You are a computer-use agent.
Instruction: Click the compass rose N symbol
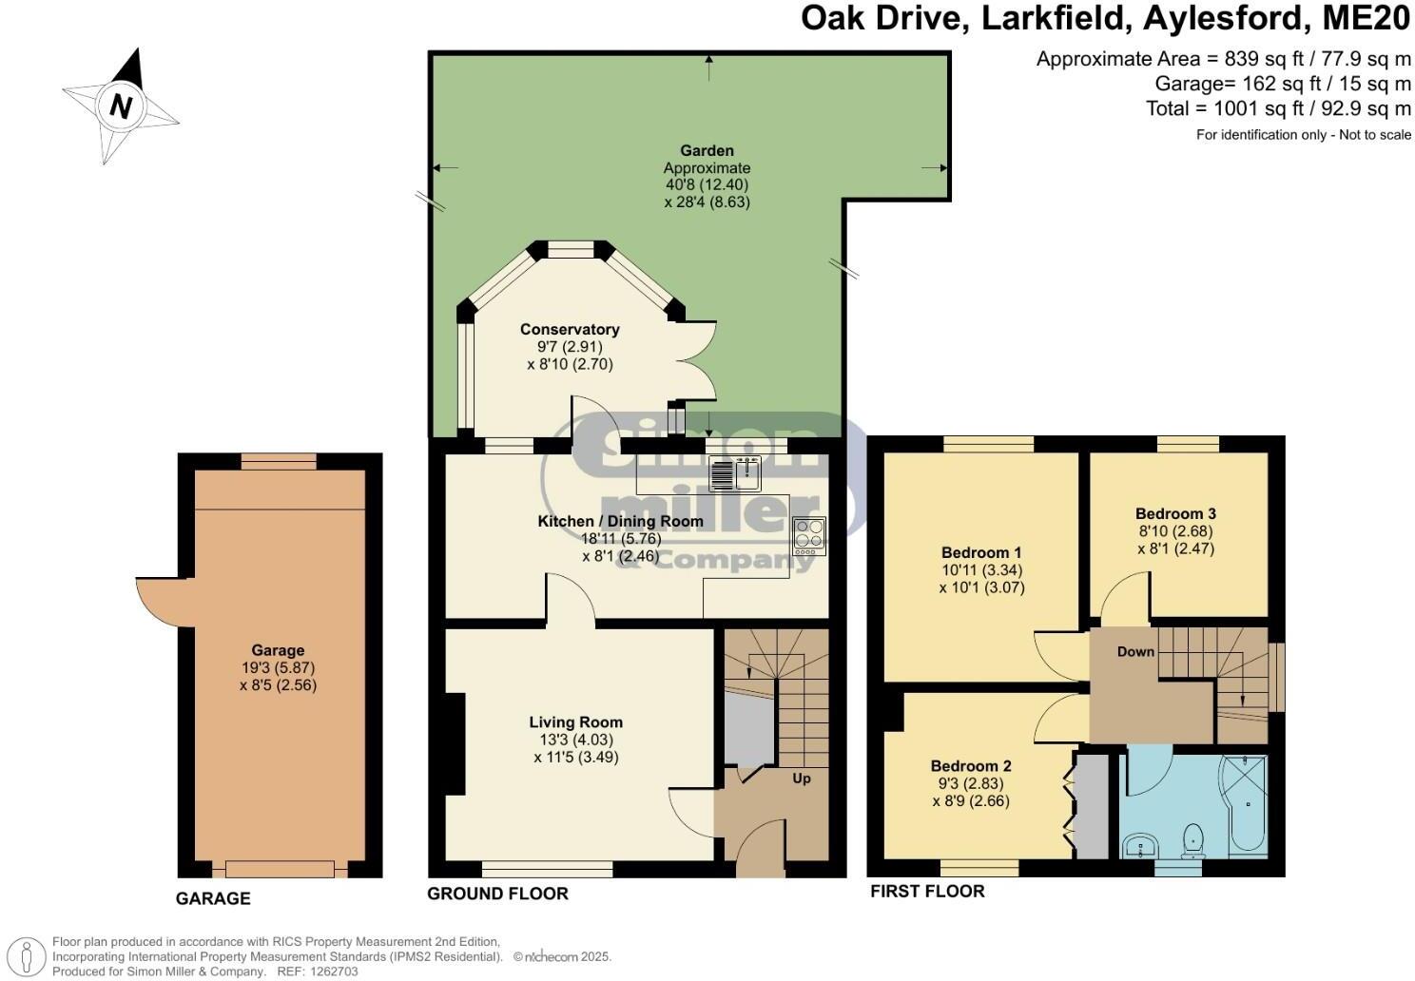pyautogui.click(x=121, y=106)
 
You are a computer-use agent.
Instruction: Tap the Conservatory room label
pyautogui.click(x=570, y=330)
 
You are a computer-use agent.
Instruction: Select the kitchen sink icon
pyautogui.click(x=736, y=472)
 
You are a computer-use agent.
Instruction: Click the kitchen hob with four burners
pyautogui.click(x=809, y=536)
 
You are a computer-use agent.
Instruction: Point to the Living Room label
pyautogui.click(x=575, y=722)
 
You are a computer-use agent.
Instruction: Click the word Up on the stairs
pyautogui.click(x=802, y=779)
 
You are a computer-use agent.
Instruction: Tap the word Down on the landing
pyautogui.click(x=1135, y=651)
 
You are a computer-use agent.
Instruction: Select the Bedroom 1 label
pyautogui.click(x=981, y=552)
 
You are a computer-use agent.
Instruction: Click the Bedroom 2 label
pyautogui.click(x=971, y=766)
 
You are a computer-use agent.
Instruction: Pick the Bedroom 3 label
pyautogui.click(x=1175, y=513)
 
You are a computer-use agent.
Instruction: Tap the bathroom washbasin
pyautogui.click(x=1137, y=845)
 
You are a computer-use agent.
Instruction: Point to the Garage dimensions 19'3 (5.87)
pyautogui.click(x=278, y=667)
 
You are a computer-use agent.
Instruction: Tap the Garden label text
pyautogui.click(x=707, y=150)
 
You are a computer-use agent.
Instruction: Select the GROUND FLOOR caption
pyautogui.click(x=497, y=894)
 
